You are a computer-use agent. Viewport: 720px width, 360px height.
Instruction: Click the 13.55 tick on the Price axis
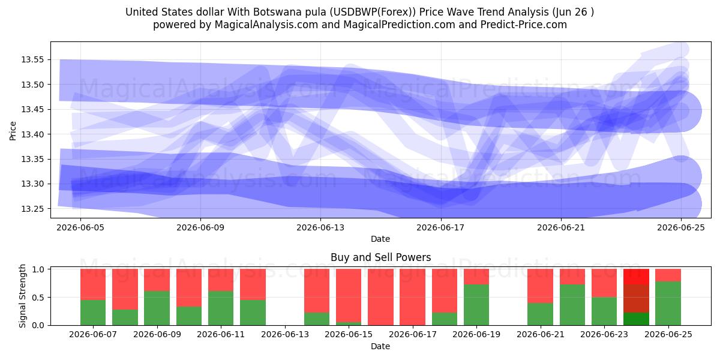32,60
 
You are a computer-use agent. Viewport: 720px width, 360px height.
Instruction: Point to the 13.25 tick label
32,209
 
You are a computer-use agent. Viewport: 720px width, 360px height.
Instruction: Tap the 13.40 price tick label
32,134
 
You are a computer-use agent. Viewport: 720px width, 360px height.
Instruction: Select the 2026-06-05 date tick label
80,228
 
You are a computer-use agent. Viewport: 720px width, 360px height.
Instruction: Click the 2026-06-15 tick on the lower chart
349,335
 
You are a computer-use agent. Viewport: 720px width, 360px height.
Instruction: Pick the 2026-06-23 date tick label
604,335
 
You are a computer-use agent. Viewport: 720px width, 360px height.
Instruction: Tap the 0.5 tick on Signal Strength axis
38,298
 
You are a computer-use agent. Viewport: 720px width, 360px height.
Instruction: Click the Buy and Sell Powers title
380,257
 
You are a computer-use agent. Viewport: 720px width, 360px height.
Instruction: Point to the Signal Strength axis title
22,296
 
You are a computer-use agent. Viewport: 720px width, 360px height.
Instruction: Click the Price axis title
13,131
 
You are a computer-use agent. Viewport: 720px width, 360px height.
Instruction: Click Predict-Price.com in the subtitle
524,25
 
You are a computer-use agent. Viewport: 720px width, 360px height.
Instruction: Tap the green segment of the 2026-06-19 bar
476,305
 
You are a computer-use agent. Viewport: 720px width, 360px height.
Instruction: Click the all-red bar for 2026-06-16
380,297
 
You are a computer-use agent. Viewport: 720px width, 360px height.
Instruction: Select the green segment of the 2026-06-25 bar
668,304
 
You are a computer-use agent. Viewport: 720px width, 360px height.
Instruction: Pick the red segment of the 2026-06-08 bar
125,289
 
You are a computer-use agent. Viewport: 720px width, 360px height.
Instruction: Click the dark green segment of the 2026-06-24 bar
636,319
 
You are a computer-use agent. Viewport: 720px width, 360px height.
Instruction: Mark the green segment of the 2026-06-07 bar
93,313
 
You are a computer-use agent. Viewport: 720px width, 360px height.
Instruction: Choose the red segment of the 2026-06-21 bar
541,286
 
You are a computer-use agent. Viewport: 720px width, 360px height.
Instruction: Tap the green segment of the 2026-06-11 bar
221,308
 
